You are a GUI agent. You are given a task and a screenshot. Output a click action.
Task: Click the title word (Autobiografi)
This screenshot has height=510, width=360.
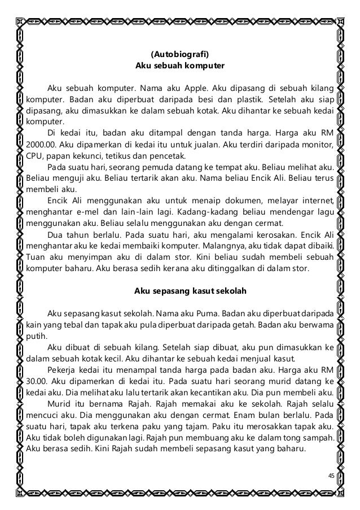(x=180, y=55)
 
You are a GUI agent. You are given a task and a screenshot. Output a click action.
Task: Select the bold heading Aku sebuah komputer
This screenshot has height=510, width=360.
(x=180, y=66)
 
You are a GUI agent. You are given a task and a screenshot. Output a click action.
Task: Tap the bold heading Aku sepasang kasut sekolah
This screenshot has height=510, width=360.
(x=179, y=291)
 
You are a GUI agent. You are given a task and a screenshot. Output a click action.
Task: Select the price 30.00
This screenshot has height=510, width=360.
(x=36, y=380)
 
